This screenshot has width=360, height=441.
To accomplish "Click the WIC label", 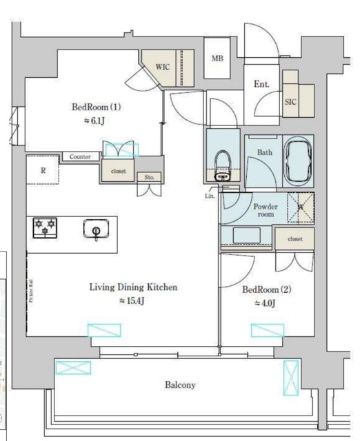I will (x=163, y=67).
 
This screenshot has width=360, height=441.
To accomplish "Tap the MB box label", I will (x=217, y=59).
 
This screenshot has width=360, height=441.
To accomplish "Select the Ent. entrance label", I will (x=261, y=84).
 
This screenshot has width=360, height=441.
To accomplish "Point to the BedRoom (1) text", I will (x=97, y=107).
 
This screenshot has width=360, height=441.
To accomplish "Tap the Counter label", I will (x=80, y=157).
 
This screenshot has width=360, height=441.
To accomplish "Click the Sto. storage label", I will (x=149, y=177).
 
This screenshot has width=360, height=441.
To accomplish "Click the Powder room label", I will (x=265, y=210).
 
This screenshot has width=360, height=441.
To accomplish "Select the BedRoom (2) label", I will (x=266, y=290).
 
